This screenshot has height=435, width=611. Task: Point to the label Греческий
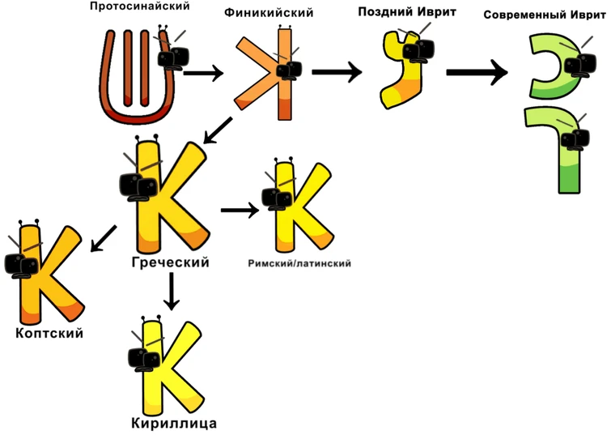170,263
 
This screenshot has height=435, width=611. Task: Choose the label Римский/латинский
299,263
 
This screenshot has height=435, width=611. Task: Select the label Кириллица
173,423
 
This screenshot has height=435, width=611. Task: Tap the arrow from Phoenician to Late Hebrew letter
336,71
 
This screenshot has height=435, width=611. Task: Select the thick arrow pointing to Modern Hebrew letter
477,72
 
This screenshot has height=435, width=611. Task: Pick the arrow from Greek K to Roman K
240,211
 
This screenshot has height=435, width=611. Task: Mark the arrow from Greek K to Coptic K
103,237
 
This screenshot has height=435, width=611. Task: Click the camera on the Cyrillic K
146,358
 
